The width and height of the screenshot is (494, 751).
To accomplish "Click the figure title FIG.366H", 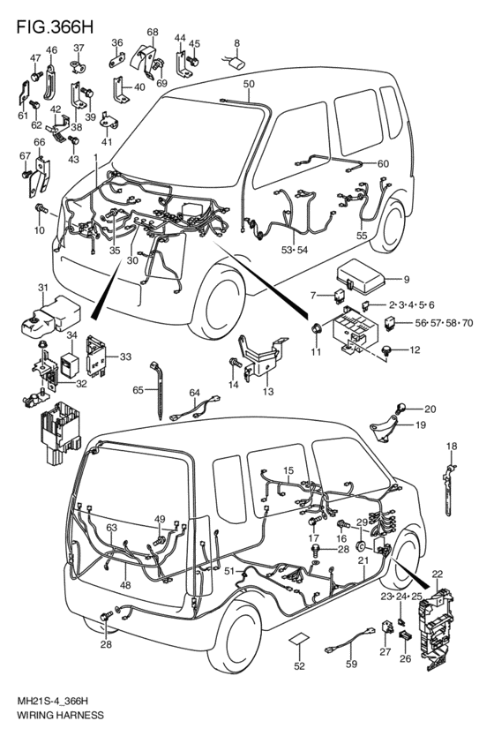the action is coord(55,26).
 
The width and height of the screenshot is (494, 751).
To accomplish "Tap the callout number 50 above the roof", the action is coord(249,84).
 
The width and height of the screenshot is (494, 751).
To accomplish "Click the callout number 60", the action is coord(383,164).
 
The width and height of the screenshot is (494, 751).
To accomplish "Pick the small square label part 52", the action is coord(299,640).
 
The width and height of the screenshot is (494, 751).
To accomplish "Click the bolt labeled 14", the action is coord(236,363).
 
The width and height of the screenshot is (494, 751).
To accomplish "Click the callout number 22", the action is coord(437,574).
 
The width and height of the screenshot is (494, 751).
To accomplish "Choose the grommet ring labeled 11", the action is coord(316,328).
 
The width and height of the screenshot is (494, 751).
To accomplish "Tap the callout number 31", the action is coord(43,288).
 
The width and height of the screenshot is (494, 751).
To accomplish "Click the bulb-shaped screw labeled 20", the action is coord(400,409).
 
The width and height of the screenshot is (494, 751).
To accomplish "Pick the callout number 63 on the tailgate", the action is coord(111,528).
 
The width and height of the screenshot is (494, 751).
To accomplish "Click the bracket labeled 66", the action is coord(39,176).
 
